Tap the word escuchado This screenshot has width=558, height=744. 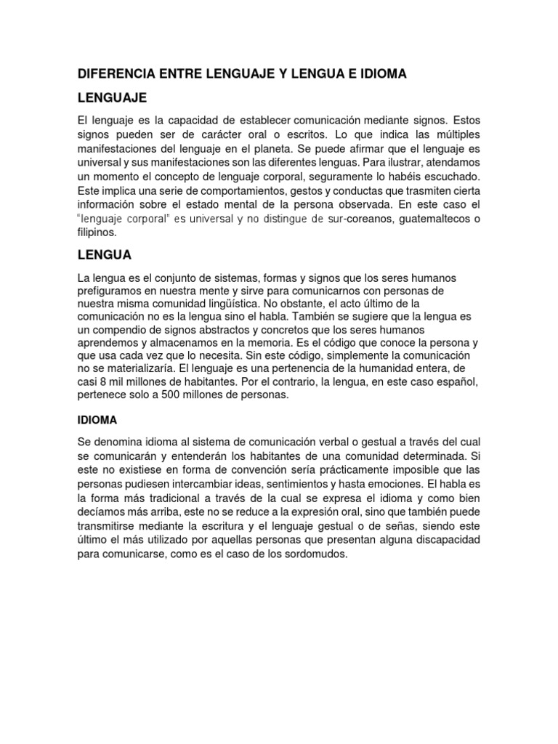click(x=449, y=178)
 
